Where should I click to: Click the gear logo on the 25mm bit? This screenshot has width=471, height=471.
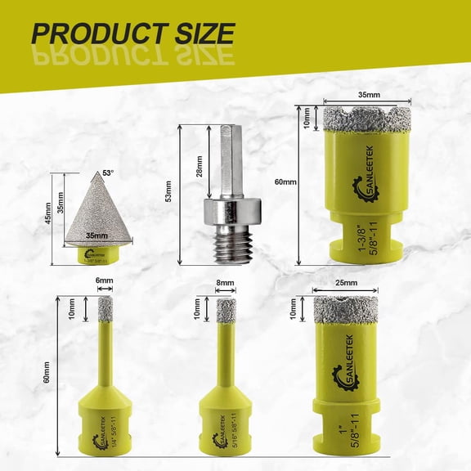[342, 377]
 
